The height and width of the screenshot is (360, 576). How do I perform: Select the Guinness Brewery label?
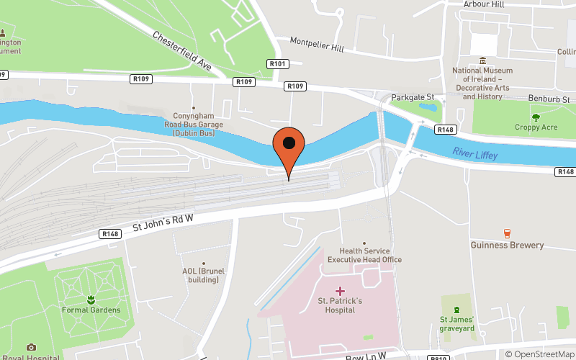pyautogui.click(x=507, y=246)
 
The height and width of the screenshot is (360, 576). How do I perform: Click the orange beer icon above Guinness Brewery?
pyautogui.click(x=507, y=233)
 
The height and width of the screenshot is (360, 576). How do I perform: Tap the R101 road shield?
pyautogui.click(x=278, y=64)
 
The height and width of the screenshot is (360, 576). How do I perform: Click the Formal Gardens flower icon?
pyautogui.click(x=91, y=298)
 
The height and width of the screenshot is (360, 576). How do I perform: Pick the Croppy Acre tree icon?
pyautogui.click(x=535, y=117)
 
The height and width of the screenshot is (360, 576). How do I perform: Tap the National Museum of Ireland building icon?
pyautogui.click(x=482, y=60)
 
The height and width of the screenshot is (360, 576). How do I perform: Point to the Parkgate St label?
pyautogui.click(x=412, y=97)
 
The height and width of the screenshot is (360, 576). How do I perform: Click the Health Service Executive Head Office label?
pyautogui.click(x=364, y=255)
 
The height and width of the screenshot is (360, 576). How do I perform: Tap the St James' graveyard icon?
pyautogui.click(x=456, y=309)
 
